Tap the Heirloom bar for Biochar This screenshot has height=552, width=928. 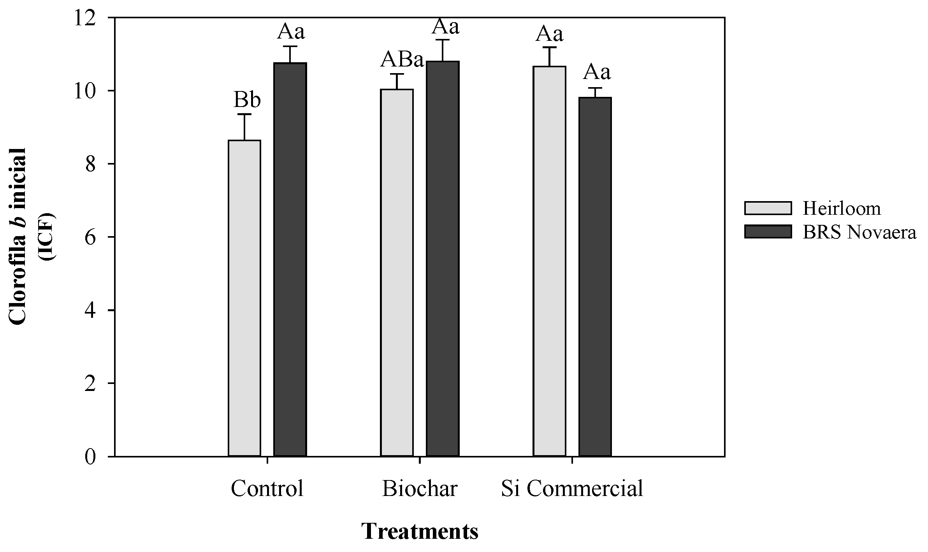397,272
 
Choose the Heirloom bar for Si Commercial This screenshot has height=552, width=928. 549,261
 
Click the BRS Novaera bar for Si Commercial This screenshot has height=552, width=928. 595,276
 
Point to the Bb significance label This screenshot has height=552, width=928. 247,100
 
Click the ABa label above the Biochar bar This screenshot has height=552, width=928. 402,60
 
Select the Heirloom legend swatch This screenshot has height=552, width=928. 768,208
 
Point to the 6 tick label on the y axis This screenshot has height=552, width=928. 90,237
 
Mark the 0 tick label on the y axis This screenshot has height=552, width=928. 90,457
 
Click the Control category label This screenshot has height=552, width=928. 267,489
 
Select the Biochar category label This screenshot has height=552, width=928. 420,489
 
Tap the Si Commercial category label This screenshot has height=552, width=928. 571,489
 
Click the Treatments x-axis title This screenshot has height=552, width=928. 420,531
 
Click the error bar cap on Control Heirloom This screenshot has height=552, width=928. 244,114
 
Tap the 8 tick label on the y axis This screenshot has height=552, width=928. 90,164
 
